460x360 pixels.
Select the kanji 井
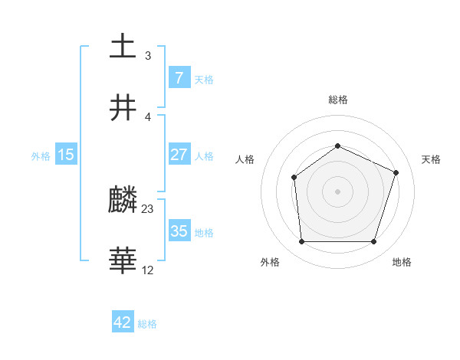(123, 109)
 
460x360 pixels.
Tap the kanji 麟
(123, 201)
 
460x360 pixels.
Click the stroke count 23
(148, 208)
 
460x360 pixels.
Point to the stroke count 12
(148, 270)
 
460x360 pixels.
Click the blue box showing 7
(179, 78)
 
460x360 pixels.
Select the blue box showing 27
(179, 155)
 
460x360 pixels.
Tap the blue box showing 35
(179, 231)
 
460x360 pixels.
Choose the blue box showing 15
(66, 155)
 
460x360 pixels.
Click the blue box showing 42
(123, 322)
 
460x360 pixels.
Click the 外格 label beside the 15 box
(41, 155)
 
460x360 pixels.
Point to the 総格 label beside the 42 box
(147, 324)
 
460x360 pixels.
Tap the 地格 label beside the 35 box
(204, 232)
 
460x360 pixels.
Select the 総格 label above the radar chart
(337, 100)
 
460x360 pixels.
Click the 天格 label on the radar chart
(431, 159)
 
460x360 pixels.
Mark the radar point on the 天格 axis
(396, 172)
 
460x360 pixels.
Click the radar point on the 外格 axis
(301, 242)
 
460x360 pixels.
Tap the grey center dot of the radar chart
(337, 191)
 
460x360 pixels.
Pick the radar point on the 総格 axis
(337, 146)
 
